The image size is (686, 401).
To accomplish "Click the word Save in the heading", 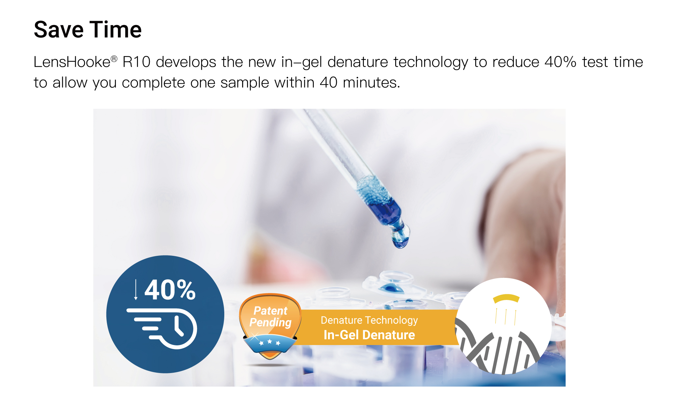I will (59, 30).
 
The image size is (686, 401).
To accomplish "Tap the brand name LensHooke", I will (72, 62).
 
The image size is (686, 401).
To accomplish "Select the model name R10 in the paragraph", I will (136, 62).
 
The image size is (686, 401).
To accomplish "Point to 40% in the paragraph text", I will (560, 62).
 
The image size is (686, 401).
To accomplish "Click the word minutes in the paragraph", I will (371, 83).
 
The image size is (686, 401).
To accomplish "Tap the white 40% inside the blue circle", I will (170, 290).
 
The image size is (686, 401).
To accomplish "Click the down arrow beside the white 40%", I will (136, 290).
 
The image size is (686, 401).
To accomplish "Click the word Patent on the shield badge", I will (270, 310).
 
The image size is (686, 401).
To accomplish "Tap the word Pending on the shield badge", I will (270, 322).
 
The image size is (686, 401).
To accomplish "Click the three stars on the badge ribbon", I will (270, 342).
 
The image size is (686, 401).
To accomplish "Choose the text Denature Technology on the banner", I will (369, 320).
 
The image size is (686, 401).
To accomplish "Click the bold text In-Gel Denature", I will (369, 335).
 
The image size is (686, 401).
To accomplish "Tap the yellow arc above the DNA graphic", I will (506, 298).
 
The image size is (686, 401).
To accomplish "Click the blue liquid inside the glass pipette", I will (384, 211).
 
